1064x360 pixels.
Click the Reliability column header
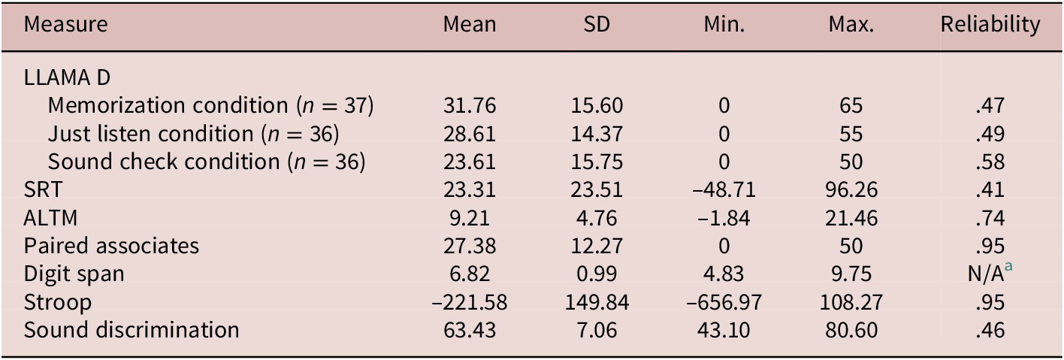tap(990, 25)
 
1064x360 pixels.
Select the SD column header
tap(597, 25)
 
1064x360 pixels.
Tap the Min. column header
tap(724, 25)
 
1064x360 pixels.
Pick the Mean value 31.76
tap(470, 106)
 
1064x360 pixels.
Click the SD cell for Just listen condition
tap(597, 134)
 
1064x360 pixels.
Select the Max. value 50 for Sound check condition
tap(851, 162)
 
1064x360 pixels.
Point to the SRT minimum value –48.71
tap(724, 190)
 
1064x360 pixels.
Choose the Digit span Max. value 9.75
tap(851, 274)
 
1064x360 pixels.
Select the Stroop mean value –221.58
tap(470, 301)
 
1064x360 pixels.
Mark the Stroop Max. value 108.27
tap(851, 301)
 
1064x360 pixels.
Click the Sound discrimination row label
tap(131, 329)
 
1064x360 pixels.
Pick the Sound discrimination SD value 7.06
tap(597, 329)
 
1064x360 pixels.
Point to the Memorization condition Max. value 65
tap(851, 106)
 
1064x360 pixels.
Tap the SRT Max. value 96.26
tap(851, 190)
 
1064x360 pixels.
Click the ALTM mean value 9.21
tap(470, 218)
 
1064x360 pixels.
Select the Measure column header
tap(65, 25)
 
